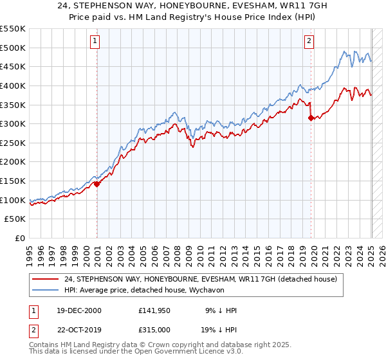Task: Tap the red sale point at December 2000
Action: (x=97, y=184)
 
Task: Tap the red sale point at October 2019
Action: (x=311, y=118)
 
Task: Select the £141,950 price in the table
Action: (x=154, y=310)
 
